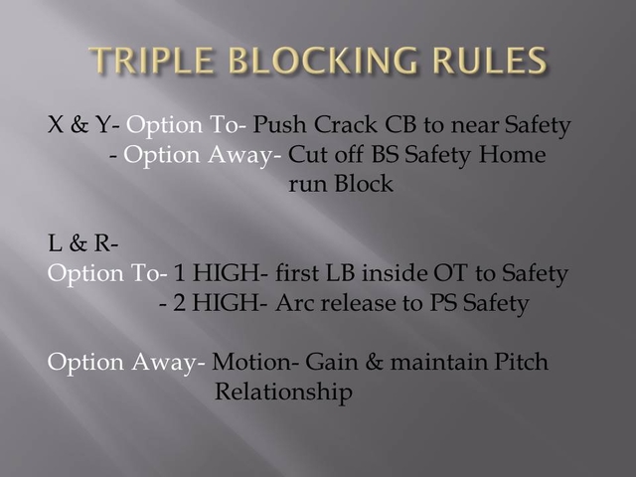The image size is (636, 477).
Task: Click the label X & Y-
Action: point(83,126)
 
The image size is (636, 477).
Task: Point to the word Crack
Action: point(352,126)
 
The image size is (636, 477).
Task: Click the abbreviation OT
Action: point(462,273)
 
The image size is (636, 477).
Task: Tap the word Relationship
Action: point(283,393)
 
